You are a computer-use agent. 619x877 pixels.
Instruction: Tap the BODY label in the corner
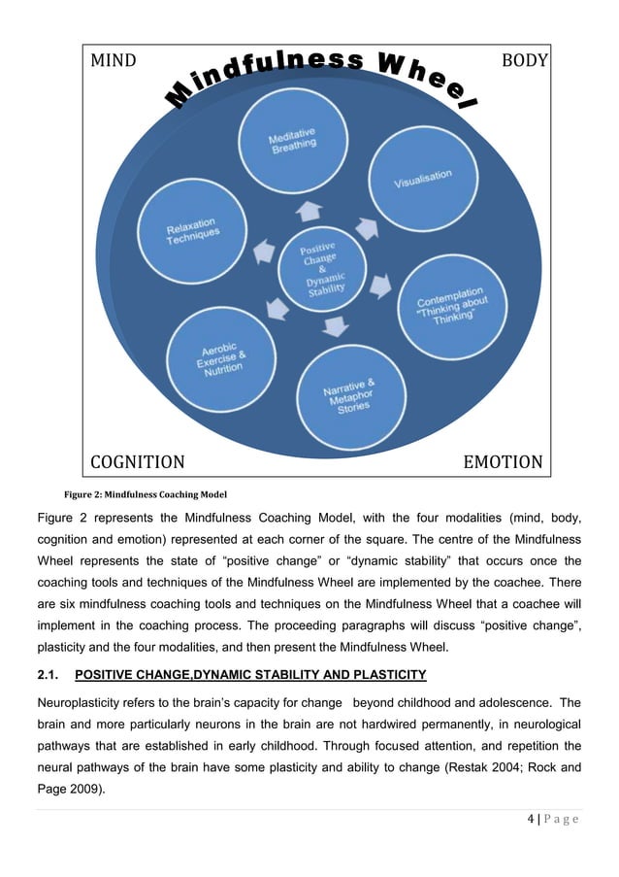[524, 60]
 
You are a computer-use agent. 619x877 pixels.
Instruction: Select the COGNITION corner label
[137, 461]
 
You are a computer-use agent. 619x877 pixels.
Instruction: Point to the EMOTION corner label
[503, 461]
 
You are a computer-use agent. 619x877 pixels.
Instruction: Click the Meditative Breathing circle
[293, 142]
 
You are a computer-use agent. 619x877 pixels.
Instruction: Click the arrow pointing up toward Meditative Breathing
[309, 210]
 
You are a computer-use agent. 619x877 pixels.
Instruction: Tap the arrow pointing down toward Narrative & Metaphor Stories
[336, 327]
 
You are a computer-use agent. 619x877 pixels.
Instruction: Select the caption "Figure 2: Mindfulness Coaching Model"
[145, 491]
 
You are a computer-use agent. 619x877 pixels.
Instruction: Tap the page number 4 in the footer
[531, 820]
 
